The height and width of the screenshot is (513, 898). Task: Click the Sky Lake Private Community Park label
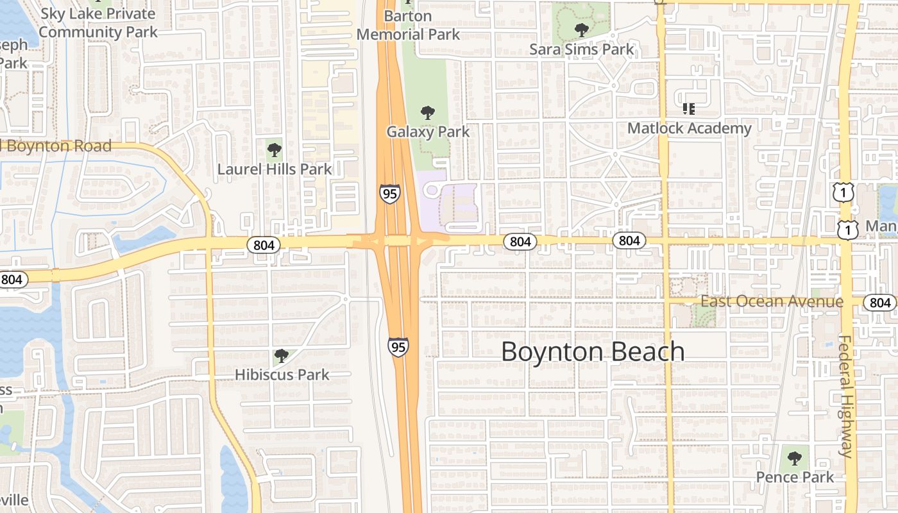point(97,22)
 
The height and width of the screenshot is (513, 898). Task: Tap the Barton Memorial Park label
point(408,25)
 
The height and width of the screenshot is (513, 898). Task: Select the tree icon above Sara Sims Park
point(582,29)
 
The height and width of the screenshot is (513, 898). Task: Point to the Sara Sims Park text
point(582,49)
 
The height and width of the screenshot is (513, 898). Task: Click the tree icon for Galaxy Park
point(428,114)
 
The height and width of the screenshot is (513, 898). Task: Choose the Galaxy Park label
point(428,132)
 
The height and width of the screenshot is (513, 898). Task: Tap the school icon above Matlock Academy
point(689,109)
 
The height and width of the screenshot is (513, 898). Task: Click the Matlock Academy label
point(689,128)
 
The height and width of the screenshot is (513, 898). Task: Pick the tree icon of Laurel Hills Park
point(275,151)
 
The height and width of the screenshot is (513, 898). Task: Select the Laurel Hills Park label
point(275,169)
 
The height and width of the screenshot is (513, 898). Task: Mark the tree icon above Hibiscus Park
point(281,356)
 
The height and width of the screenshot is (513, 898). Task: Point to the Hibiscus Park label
point(282,374)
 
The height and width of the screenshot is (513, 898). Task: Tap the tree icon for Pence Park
point(795,458)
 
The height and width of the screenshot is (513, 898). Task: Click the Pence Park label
point(795,477)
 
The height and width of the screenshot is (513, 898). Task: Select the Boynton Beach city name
point(593,351)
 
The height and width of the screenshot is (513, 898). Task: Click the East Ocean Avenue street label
point(772,301)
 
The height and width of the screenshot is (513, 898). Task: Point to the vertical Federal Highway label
point(846,396)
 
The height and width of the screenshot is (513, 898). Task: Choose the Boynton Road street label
point(58,146)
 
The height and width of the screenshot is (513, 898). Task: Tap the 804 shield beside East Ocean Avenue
point(880,303)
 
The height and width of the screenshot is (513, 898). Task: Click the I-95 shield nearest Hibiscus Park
point(398,347)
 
